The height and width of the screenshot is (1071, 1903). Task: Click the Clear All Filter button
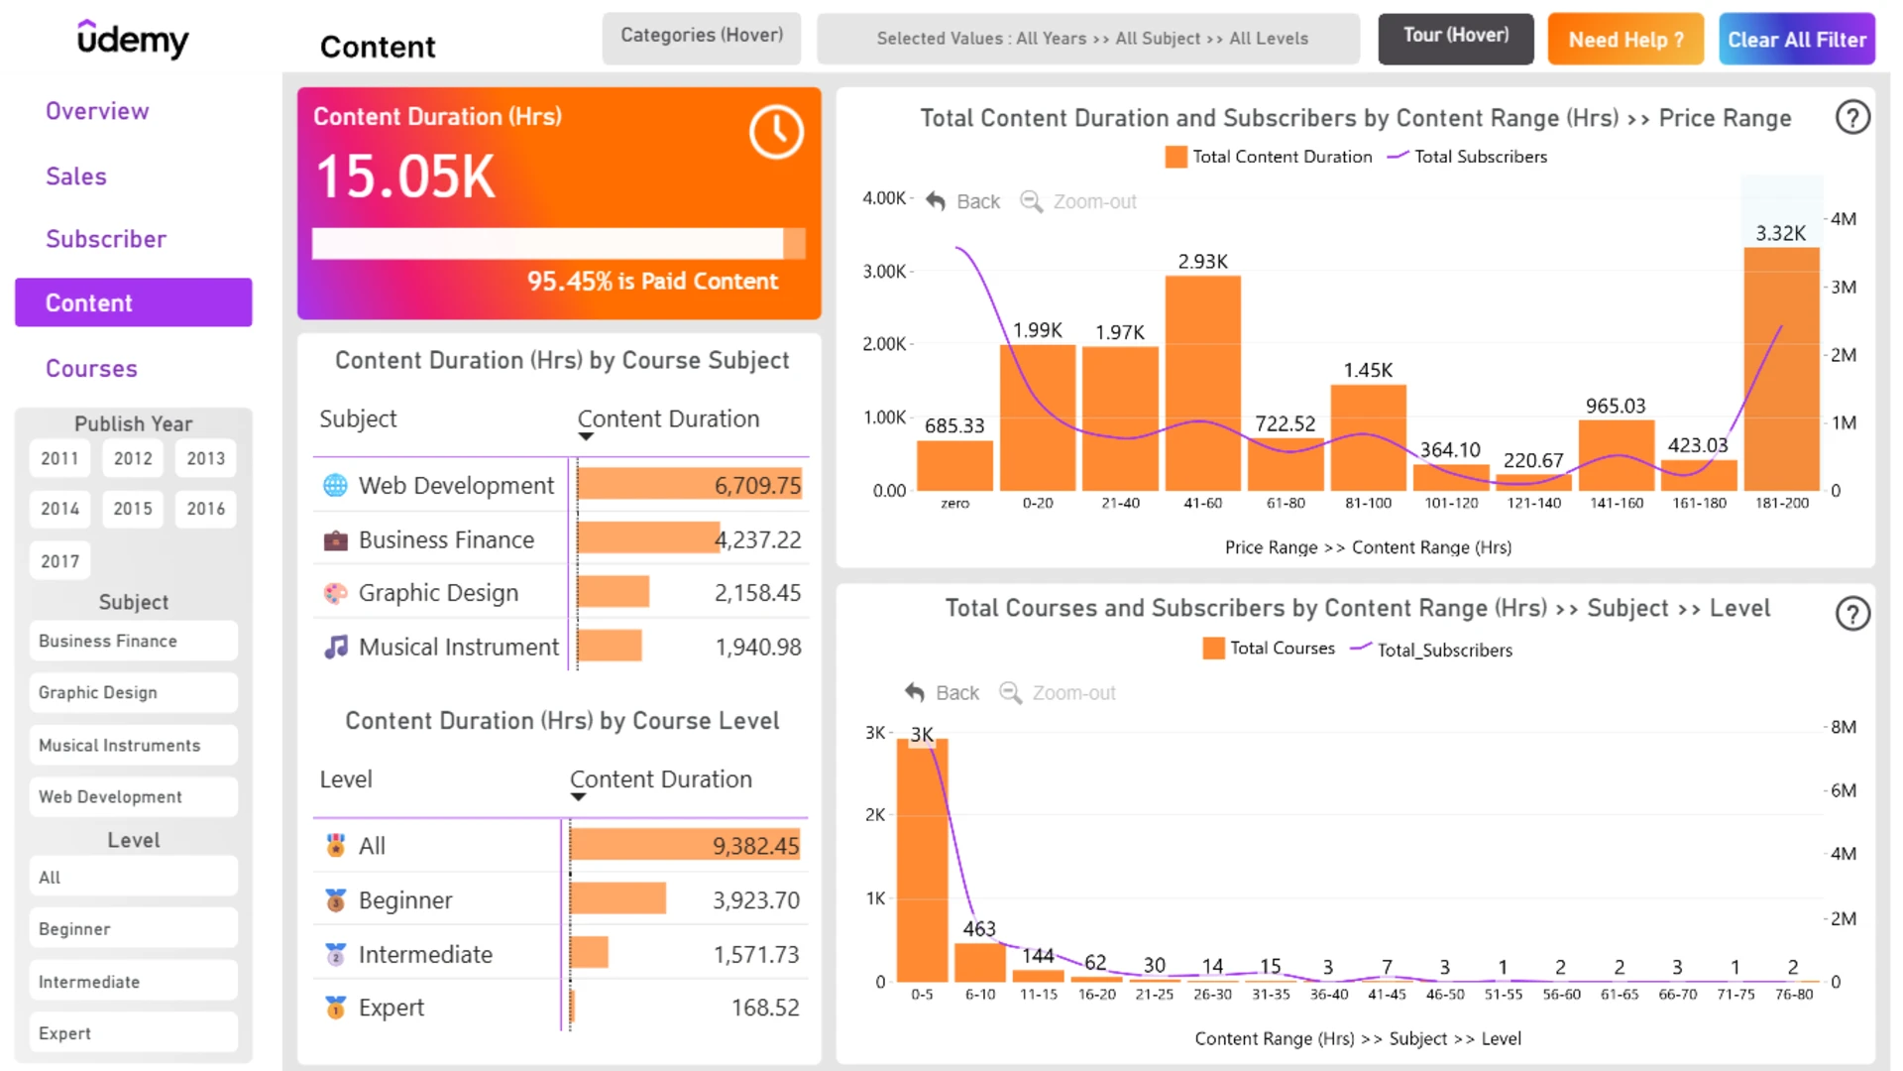pyautogui.click(x=1796, y=40)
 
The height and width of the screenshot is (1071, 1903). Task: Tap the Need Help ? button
pyautogui.click(x=1625, y=40)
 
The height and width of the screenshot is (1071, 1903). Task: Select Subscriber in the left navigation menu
pyautogui.click(x=106, y=239)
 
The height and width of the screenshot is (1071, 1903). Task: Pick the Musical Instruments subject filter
pyautogui.click(x=133, y=745)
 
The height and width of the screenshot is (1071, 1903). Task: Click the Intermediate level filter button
pyautogui.click(x=133, y=982)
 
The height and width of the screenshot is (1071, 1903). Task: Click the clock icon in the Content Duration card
pyautogui.click(x=776, y=132)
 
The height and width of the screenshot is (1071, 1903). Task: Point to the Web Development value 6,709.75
pyautogui.click(x=757, y=485)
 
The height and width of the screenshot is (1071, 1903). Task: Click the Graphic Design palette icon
pyautogui.click(x=336, y=593)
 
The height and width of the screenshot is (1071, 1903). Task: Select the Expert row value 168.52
pyautogui.click(x=765, y=1008)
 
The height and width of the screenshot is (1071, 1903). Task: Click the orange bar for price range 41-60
pyautogui.click(x=1202, y=383)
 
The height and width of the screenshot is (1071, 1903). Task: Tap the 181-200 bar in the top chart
pyautogui.click(x=1781, y=369)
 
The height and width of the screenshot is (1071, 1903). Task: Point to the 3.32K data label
pyautogui.click(x=1781, y=233)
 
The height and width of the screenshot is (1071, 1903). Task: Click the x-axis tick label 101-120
pyautogui.click(x=1451, y=503)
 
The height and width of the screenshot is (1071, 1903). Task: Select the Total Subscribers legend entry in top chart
pyautogui.click(x=1467, y=157)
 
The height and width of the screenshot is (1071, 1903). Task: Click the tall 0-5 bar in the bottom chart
pyautogui.click(x=922, y=860)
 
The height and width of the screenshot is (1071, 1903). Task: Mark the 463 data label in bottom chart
pyautogui.click(x=979, y=928)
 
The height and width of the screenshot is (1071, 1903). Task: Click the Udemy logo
pyautogui.click(x=133, y=40)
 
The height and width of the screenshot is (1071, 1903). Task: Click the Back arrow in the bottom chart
pyautogui.click(x=915, y=692)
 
